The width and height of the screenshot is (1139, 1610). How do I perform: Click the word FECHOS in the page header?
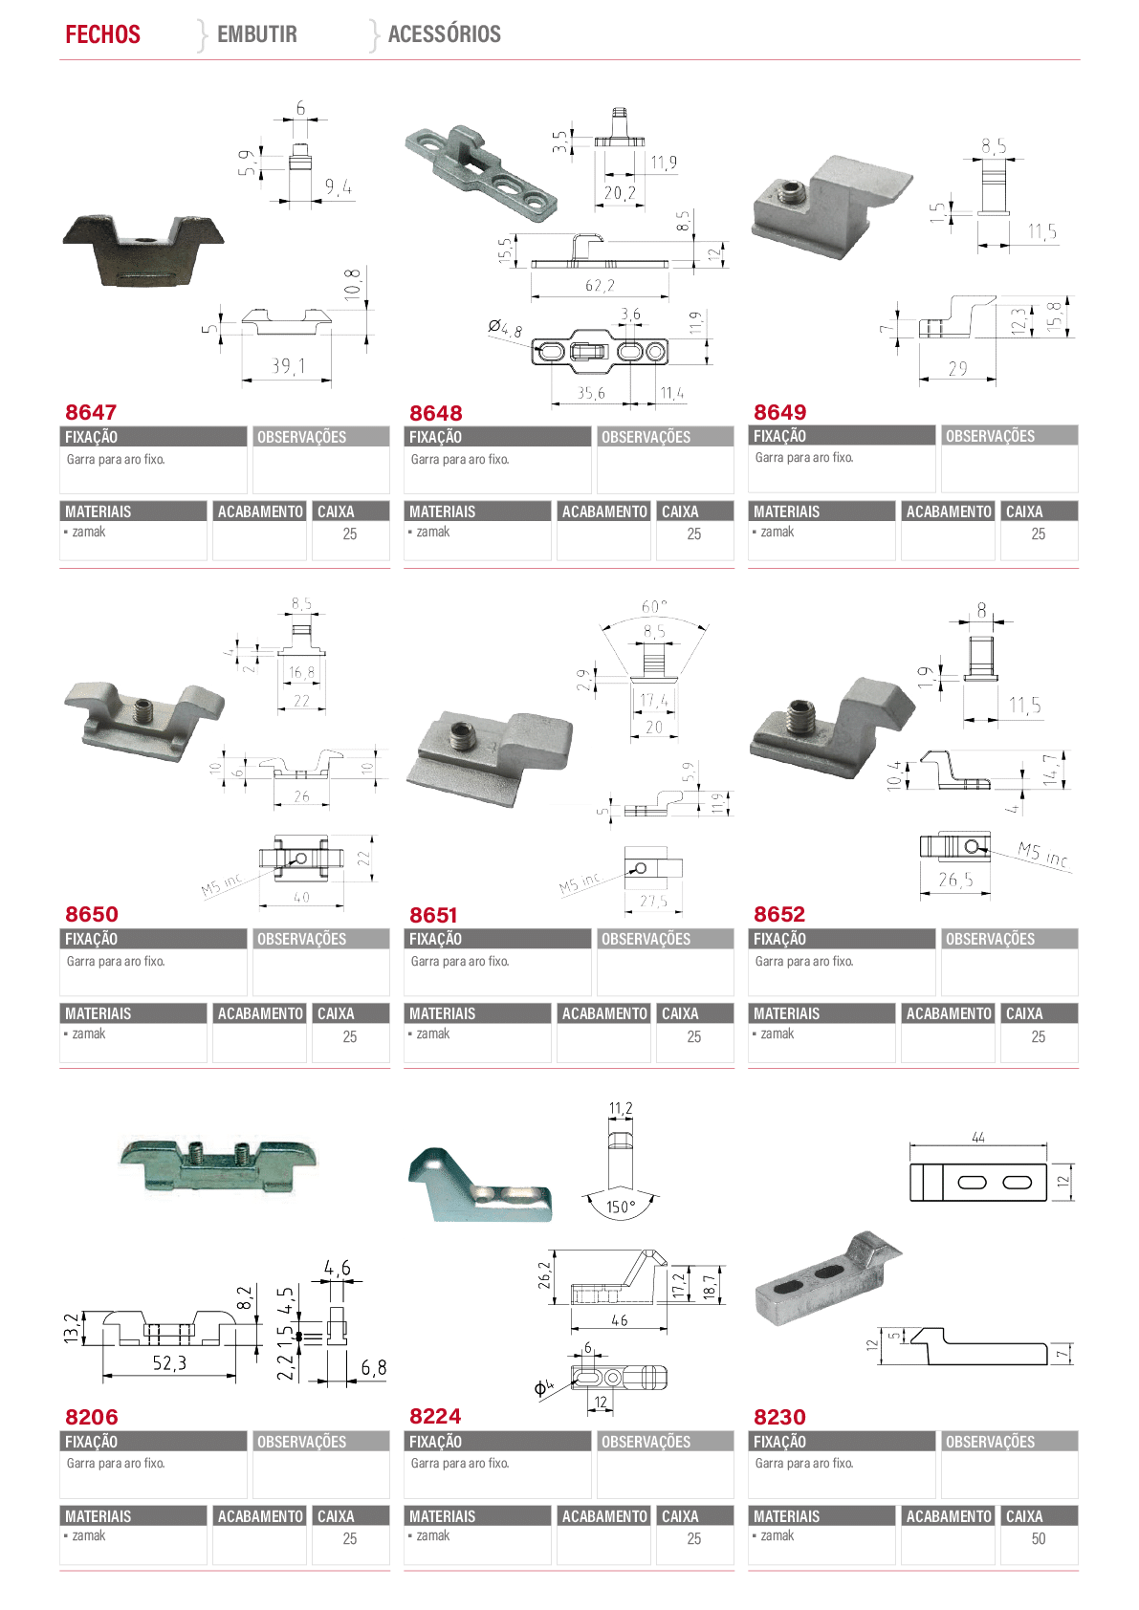tap(103, 33)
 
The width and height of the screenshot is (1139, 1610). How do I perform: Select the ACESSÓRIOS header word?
tap(445, 33)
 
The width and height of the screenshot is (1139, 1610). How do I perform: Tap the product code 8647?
tap(91, 412)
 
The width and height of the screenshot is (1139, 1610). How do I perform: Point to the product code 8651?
tap(434, 915)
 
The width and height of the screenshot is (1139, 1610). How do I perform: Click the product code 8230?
tap(779, 1417)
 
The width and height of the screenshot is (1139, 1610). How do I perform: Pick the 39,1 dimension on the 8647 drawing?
tap(289, 366)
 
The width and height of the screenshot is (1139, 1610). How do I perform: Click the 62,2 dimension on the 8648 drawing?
tap(600, 285)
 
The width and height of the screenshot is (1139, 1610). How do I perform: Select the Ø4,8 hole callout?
tap(505, 329)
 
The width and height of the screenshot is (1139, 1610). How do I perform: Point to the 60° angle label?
tap(654, 607)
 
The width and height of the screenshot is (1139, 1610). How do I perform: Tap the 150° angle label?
tap(621, 1207)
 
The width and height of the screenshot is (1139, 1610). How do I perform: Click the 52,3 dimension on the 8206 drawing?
tap(169, 1362)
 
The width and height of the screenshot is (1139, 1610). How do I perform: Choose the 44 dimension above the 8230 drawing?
tap(978, 1137)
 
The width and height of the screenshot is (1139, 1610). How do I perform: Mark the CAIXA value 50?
tap(1039, 1539)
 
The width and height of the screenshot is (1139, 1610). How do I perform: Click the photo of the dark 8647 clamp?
tap(143, 250)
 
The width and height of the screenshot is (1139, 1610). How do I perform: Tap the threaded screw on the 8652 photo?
tap(799, 716)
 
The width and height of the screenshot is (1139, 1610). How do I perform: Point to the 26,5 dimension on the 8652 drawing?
tap(955, 880)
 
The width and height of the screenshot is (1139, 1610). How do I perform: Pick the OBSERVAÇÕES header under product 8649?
tap(990, 436)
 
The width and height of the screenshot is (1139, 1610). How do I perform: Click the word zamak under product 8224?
tap(433, 1535)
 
